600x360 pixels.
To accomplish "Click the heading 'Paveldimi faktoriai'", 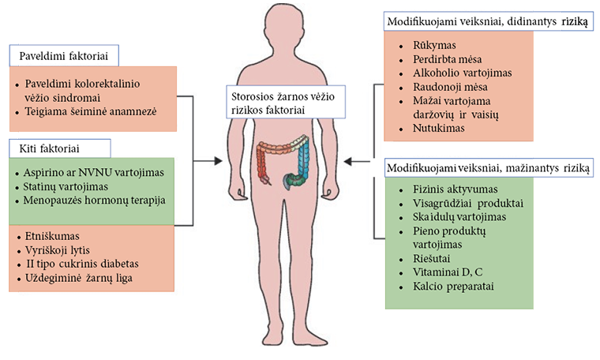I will click(x=63, y=54).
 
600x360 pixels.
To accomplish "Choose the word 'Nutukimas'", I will click(x=438, y=127).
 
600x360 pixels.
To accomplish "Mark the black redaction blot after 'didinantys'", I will click(x=575, y=21).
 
